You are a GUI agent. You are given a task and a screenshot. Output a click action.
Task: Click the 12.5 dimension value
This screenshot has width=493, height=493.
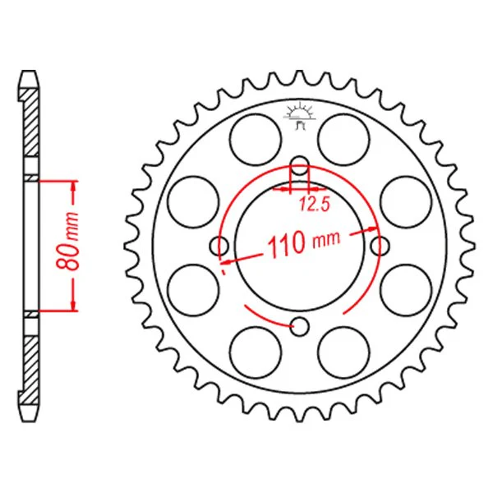(314, 204)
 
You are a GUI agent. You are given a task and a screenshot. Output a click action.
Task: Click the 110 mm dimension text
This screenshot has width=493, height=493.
(304, 244)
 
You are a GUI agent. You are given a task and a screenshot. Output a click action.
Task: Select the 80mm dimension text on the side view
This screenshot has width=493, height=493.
(67, 242)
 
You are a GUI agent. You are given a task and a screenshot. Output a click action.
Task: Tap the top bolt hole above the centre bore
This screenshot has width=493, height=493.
(299, 165)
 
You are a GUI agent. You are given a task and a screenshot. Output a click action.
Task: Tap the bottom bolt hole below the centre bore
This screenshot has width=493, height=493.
(299, 326)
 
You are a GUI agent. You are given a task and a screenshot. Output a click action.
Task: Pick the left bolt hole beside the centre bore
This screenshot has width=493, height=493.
(219, 246)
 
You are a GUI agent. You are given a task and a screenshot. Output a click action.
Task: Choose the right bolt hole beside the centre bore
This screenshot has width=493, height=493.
(380, 246)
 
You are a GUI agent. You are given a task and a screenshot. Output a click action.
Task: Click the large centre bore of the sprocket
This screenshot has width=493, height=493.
(299, 246)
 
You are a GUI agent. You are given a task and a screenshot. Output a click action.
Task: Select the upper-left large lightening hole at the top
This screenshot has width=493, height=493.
(256, 140)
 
